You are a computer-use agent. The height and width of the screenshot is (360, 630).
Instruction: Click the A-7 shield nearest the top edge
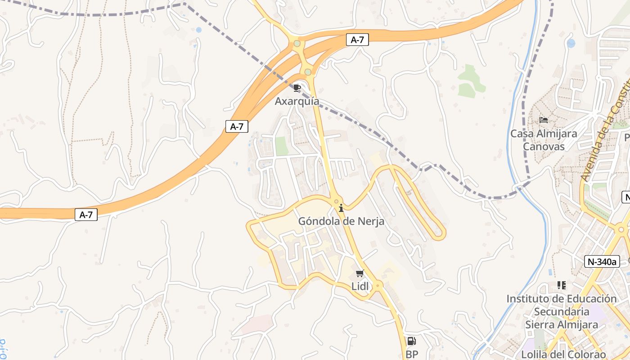pyautogui.click(x=357, y=40)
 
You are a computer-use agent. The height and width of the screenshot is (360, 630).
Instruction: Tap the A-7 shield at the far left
pyautogui.click(x=86, y=215)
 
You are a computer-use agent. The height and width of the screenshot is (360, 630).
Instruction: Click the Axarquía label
pyautogui.click(x=297, y=101)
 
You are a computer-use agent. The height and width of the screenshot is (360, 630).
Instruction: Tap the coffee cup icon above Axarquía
pyautogui.click(x=297, y=87)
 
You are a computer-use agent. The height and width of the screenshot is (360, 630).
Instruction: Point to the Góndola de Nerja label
pyautogui.click(x=341, y=221)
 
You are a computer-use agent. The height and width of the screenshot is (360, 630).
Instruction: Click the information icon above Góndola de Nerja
pyautogui.click(x=341, y=208)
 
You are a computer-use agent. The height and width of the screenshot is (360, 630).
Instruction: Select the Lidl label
pyautogui.click(x=360, y=286)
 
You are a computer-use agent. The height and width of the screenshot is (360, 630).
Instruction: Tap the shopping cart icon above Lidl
pyautogui.click(x=360, y=273)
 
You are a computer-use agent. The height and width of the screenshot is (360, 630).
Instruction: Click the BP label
pyautogui.click(x=412, y=354)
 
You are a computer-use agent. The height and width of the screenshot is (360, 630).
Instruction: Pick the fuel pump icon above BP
pyautogui.click(x=411, y=341)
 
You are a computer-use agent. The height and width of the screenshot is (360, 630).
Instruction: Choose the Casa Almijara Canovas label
pyautogui.click(x=544, y=140)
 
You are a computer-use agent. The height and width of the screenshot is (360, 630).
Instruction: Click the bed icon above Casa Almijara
pyautogui.click(x=544, y=120)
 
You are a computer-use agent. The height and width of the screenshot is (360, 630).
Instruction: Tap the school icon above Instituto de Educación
pyautogui.click(x=561, y=285)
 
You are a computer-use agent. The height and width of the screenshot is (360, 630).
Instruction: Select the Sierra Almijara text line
pyautogui.click(x=562, y=324)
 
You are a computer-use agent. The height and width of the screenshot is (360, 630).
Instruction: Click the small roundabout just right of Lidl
pyautogui.click(x=378, y=285)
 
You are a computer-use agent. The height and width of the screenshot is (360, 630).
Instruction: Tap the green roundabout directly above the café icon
pyautogui.click(x=308, y=72)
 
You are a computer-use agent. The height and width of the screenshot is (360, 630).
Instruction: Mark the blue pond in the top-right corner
pyautogui.click(x=571, y=43)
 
